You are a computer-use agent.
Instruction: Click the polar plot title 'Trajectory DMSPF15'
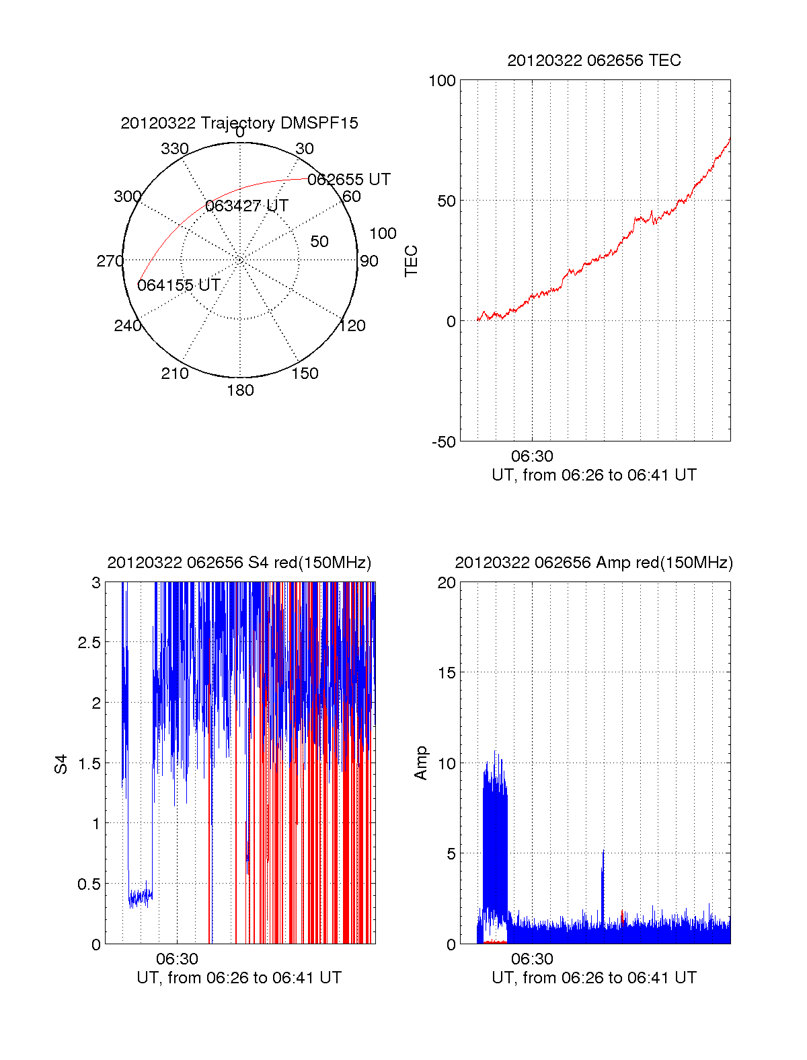(239, 123)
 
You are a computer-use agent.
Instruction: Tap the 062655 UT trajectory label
(348, 180)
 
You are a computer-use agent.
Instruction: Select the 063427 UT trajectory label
(247, 206)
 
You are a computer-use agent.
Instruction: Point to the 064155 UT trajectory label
(179, 285)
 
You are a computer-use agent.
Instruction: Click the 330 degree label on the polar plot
(174, 149)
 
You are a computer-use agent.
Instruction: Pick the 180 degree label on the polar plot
(240, 390)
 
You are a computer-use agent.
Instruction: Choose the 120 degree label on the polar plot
(352, 326)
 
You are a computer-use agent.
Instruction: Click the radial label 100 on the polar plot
(383, 234)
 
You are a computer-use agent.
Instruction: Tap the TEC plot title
(594, 61)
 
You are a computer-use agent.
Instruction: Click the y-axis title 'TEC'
(411, 261)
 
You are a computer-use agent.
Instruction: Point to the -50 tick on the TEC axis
(444, 442)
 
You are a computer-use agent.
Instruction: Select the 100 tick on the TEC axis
(442, 81)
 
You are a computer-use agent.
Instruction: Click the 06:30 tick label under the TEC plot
(532, 457)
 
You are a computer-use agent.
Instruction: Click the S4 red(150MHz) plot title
(239, 563)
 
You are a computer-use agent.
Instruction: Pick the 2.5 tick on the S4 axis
(89, 643)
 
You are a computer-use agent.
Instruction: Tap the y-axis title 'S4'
(61, 764)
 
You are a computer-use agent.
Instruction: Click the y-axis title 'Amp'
(421, 763)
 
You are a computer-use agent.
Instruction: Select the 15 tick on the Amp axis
(447, 673)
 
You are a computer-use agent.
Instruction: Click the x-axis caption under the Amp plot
(594, 978)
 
